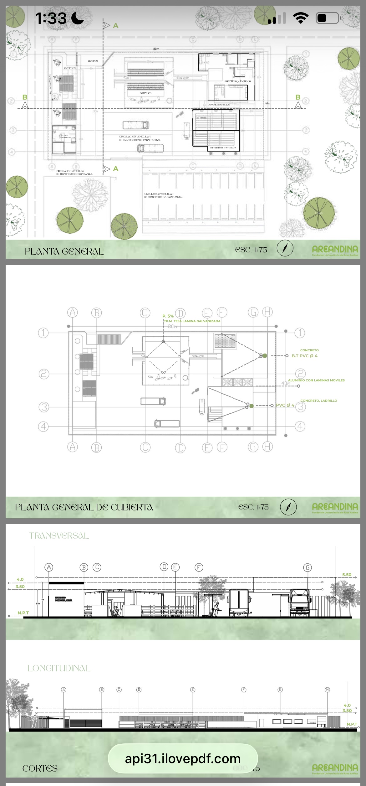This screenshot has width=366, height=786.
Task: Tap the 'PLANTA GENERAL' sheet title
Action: [64, 251]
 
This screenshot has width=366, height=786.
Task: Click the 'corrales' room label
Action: [145, 93]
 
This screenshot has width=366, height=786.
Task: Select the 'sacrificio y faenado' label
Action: [237, 81]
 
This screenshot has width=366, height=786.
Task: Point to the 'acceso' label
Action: [93, 61]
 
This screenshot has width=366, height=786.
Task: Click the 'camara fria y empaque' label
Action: [223, 147]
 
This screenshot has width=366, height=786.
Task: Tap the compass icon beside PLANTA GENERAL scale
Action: [285, 249]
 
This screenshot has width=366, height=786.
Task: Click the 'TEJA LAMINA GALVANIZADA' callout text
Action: [197, 321]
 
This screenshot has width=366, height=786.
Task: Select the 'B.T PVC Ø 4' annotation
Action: [304, 356]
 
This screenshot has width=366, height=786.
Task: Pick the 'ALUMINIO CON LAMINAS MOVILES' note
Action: [316, 380]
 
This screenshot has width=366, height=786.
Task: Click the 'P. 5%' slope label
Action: [168, 316]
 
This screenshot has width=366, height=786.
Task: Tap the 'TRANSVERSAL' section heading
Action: [59, 536]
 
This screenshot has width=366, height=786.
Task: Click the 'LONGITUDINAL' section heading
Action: [59, 668]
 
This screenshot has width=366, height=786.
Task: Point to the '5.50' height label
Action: [347, 575]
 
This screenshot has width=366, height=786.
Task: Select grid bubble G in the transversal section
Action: [308, 567]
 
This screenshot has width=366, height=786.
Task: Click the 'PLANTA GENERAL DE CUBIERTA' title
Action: [84, 507]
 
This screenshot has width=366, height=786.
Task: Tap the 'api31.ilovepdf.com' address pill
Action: [183, 759]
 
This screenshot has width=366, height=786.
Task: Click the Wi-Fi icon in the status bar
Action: [301, 18]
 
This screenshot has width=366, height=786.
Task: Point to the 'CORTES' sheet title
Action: [40, 768]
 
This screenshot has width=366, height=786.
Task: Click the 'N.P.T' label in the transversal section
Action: [23, 613]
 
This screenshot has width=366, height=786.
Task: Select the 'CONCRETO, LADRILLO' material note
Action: [319, 401]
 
